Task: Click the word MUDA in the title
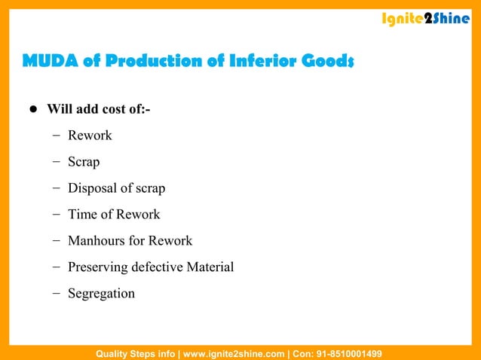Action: tap(49, 60)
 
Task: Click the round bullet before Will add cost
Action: tap(33, 109)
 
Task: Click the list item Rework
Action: tap(90, 136)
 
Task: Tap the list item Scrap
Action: tap(84, 162)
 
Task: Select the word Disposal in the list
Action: tap(93, 188)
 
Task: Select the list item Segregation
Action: tap(101, 294)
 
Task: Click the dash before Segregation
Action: tap(57, 294)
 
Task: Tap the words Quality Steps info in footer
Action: tap(135, 353)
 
